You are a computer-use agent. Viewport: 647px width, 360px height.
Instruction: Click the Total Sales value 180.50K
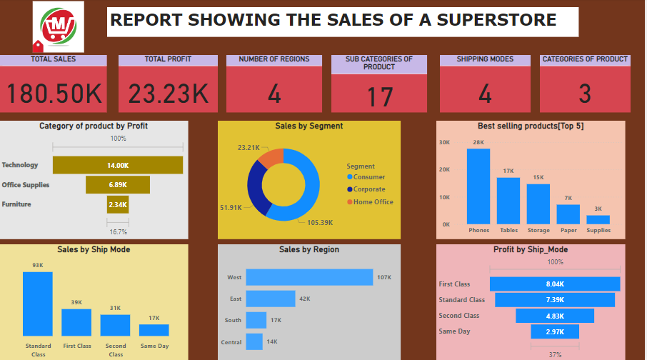pyautogui.click(x=54, y=94)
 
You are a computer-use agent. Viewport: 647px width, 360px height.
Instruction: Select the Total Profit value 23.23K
pyautogui.click(x=169, y=94)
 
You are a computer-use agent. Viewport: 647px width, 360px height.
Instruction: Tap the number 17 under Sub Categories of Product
pyautogui.click(x=379, y=96)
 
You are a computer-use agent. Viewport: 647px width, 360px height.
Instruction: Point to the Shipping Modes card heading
pyautogui.click(x=485, y=59)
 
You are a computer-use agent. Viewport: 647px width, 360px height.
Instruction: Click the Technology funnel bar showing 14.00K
pyautogui.click(x=118, y=165)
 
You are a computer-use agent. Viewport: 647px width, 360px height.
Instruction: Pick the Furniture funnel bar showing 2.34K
pyautogui.click(x=118, y=205)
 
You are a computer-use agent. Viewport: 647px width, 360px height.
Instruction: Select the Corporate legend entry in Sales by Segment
pyautogui.click(x=368, y=189)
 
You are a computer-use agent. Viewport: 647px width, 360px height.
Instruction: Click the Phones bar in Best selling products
pyautogui.click(x=478, y=186)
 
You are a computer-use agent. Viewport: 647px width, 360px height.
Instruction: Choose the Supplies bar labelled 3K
pyautogui.click(x=598, y=219)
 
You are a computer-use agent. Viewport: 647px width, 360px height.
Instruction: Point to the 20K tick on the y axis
pyautogui.click(x=444, y=169)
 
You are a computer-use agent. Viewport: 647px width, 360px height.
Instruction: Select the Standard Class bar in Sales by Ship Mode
pyautogui.click(x=38, y=304)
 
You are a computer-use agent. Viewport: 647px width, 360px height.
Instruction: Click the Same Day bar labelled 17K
pyautogui.click(x=154, y=330)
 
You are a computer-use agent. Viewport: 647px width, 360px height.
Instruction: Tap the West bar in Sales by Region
pyautogui.click(x=309, y=277)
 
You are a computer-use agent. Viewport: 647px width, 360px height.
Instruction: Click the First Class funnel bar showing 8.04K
pyautogui.click(x=555, y=284)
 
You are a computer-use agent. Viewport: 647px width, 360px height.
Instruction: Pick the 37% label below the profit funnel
pyautogui.click(x=555, y=354)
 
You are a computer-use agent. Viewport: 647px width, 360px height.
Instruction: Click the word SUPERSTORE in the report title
pyautogui.click(x=497, y=20)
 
